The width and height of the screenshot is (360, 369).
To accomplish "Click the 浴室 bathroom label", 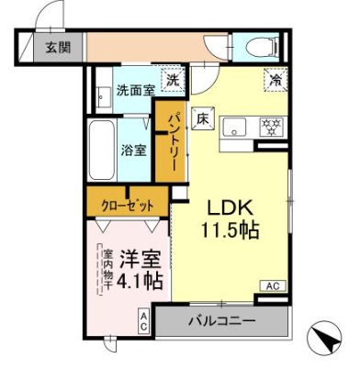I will tap(134, 150).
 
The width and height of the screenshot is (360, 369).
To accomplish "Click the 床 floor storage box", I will tap(202, 117).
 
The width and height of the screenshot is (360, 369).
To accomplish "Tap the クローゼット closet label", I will tap(128, 204).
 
